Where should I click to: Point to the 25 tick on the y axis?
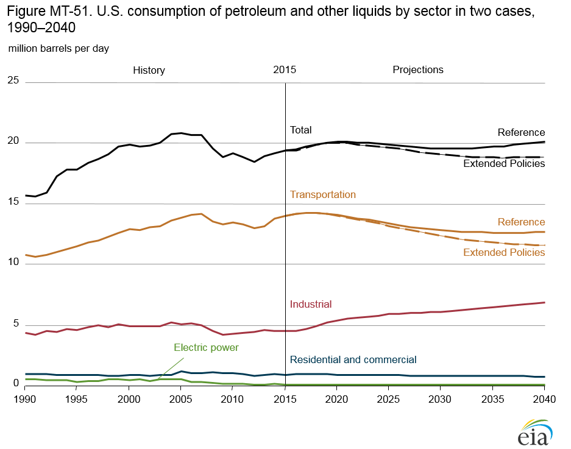coord(13,80)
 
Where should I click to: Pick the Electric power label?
coord(206,347)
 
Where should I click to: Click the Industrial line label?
coord(311,304)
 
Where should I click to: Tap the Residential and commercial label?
coord(353,359)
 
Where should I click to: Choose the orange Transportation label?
coord(323,195)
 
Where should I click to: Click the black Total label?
coord(300,130)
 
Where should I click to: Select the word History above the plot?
coord(149,70)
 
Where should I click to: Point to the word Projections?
coord(418,69)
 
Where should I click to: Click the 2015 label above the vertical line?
coord(285,69)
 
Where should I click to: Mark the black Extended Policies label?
coord(504,164)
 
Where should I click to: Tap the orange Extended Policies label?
coord(504,252)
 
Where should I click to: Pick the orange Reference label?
coord(521,222)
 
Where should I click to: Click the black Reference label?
coord(521,132)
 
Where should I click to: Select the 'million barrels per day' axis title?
coord(59,48)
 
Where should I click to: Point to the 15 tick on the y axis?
coord(13,203)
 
